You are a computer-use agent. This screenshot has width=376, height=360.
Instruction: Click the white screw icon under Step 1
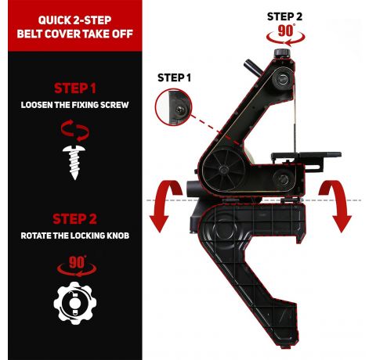[74, 162]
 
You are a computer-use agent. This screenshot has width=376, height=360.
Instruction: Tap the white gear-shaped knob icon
[75, 303]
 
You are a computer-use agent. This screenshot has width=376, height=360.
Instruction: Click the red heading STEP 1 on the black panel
[75, 88]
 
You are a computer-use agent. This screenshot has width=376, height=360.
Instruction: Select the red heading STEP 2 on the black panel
[75, 219]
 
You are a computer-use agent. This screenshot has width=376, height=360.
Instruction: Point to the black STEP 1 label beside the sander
[174, 77]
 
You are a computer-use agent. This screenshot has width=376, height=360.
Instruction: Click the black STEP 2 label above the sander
[284, 16]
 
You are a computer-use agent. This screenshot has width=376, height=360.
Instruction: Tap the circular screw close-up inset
[174, 107]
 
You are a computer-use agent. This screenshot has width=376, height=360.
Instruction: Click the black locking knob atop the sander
[282, 52]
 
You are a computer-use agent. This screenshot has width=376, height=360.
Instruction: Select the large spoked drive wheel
[223, 170]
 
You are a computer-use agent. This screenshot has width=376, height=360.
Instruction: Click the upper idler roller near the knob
[283, 78]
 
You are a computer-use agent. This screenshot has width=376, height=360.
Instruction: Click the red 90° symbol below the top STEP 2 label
[286, 35]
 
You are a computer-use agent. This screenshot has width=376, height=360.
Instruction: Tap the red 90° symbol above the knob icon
[77, 266]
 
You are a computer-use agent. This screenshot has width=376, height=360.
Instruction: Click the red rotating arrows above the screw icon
[75, 131]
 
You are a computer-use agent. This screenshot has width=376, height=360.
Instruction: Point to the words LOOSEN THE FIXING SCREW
[75, 105]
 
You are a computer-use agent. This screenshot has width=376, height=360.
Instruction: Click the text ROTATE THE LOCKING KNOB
[75, 236]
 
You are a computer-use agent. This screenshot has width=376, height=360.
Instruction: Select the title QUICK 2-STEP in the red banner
[75, 20]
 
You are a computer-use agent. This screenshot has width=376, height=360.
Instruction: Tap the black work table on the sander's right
[306, 156]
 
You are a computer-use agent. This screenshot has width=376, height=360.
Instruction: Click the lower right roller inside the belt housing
[283, 179]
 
